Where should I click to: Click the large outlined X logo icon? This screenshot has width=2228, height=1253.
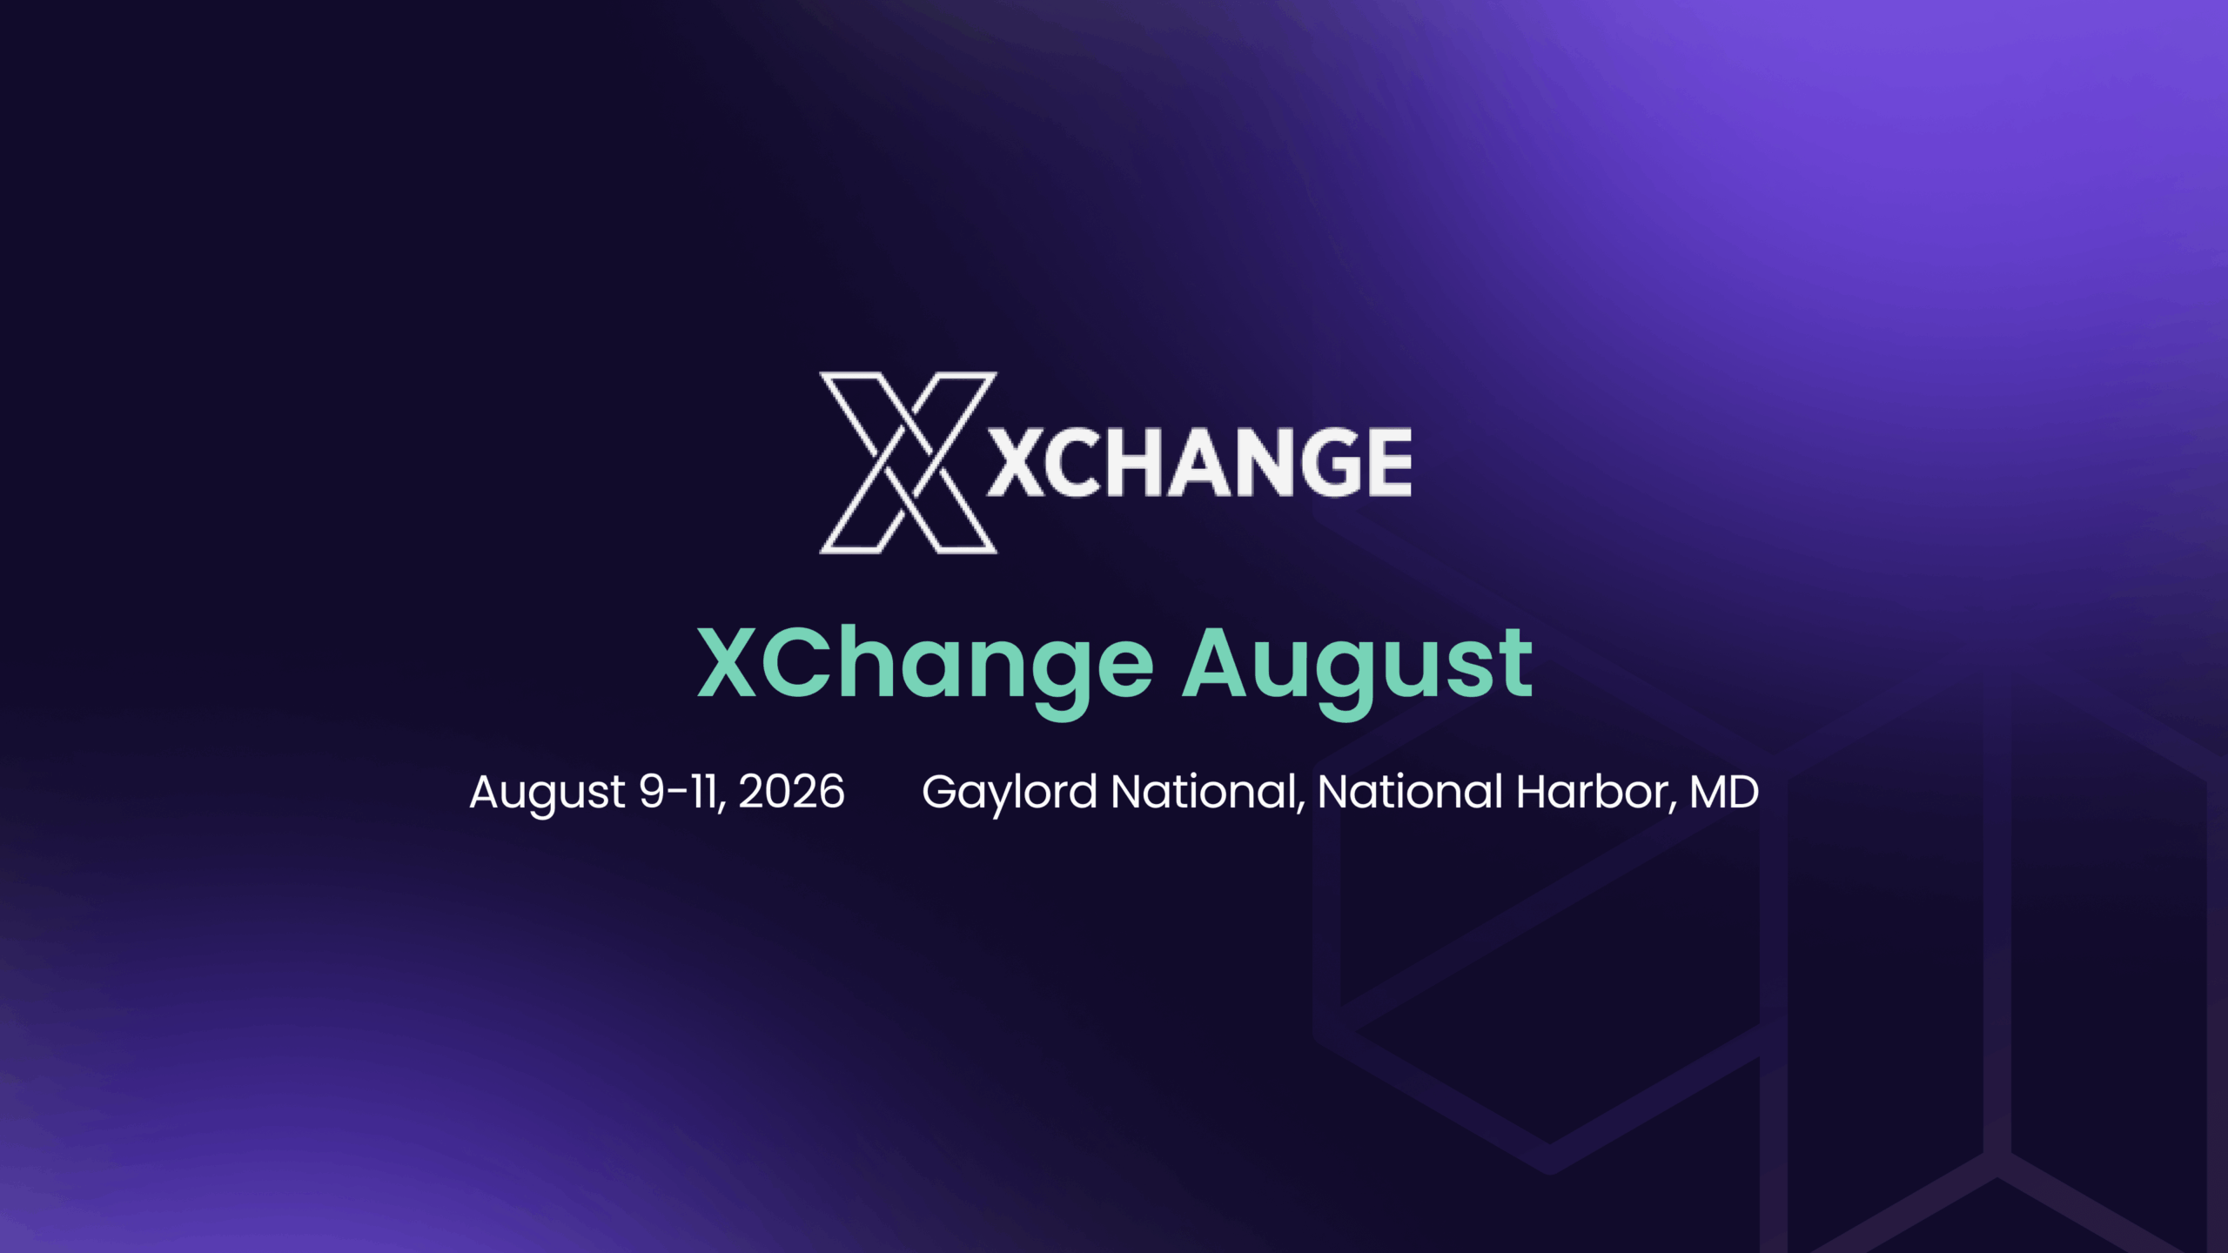pyautogui.click(x=908, y=463)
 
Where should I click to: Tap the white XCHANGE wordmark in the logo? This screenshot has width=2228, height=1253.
pyautogui.click(x=1199, y=462)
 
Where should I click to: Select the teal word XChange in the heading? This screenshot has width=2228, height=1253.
pyautogui.click(x=925, y=665)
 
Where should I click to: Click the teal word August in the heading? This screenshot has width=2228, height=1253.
pyautogui.click(x=1357, y=665)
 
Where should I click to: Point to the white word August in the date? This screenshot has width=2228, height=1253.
pyautogui.click(x=547, y=792)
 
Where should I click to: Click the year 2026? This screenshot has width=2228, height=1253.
pyautogui.click(x=791, y=792)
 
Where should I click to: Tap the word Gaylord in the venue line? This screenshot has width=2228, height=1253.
pyautogui.click(x=1010, y=792)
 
